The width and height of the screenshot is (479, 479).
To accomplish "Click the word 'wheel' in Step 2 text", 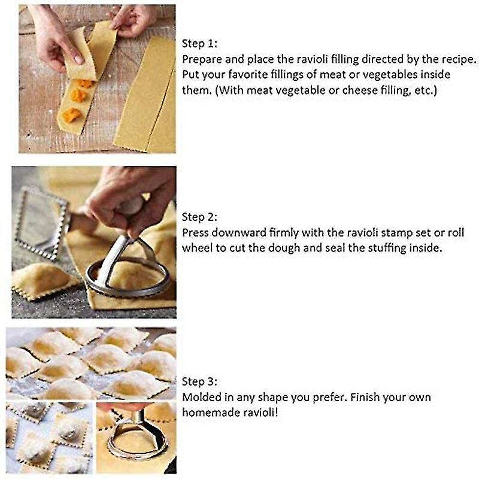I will tap(197, 247).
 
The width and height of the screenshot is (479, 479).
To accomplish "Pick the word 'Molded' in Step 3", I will tap(201, 397).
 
